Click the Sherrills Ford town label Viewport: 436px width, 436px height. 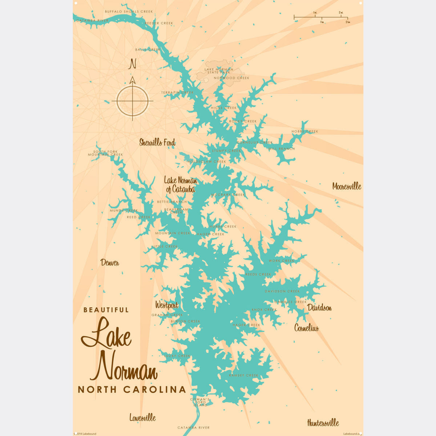157,142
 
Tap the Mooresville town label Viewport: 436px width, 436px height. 347,186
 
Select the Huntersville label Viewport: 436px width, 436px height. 323,423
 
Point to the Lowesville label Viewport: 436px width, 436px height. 142,417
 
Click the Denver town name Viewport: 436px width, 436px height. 110,263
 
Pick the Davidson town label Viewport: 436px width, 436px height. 319,308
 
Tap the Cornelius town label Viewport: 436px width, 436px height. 306,328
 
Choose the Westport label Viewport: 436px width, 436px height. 167,305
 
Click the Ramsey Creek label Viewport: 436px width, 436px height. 243,375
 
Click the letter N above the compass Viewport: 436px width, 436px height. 133,65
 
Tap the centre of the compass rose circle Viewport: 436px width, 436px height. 132,101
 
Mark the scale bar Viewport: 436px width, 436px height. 321,17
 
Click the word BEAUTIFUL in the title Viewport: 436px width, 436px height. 106,310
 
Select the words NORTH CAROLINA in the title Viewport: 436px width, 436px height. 132,389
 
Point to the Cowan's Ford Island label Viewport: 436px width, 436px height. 200,402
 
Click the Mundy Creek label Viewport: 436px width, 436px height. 124,210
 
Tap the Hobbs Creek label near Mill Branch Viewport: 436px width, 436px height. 304,132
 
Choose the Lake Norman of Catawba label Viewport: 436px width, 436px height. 181,185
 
